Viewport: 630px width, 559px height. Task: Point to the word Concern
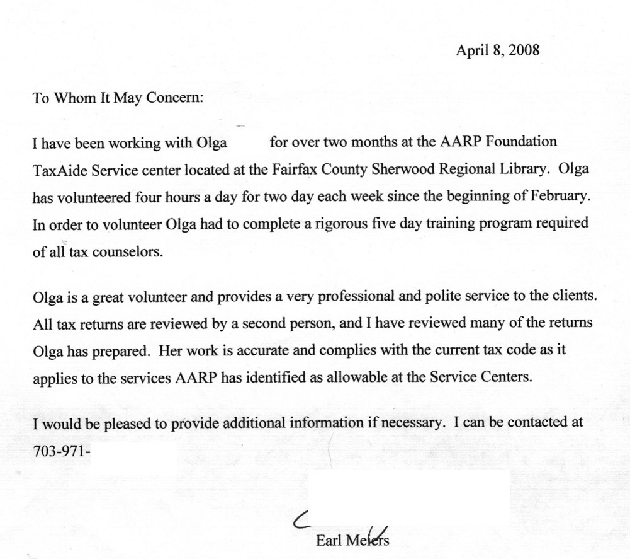[178, 99]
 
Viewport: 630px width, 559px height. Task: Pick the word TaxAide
[57, 170]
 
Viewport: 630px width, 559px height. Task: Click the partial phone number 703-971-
[60, 451]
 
